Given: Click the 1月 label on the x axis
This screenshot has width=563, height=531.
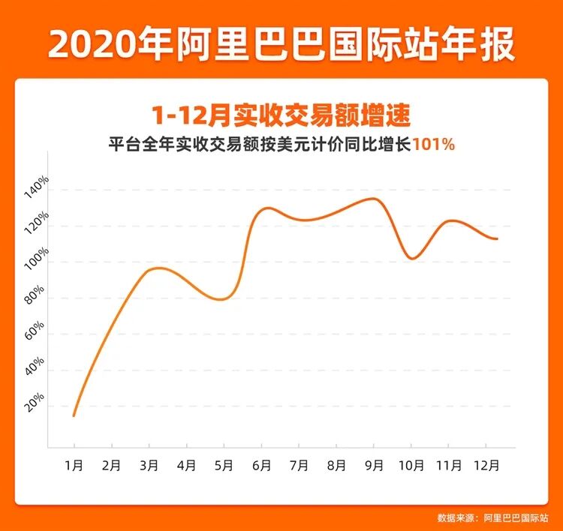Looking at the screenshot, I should click(74, 465).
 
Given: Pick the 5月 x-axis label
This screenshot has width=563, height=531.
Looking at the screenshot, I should click(224, 465).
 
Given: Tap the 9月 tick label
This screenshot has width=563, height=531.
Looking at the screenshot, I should click(374, 465).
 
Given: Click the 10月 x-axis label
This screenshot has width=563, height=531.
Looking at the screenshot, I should click(411, 465).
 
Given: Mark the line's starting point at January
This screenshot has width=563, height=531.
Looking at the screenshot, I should click(74, 415).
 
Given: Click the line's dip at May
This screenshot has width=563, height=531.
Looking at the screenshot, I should click(222, 299).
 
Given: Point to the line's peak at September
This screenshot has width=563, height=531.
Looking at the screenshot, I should click(373, 199).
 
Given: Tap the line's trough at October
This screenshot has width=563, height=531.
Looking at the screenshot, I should click(412, 259).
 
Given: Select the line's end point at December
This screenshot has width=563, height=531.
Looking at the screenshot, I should click(497, 239).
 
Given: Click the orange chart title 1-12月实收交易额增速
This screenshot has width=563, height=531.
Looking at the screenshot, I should click(281, 116).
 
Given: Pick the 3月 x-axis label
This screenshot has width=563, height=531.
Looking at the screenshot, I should click(149, 465).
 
